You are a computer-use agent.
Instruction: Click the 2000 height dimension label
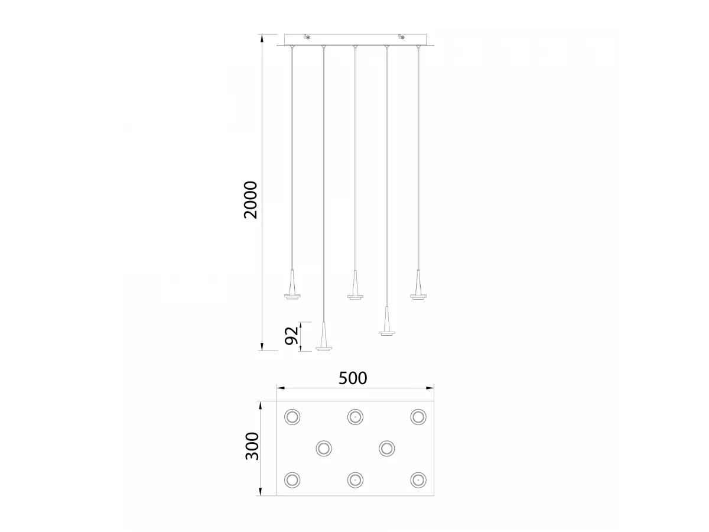pos(251,200)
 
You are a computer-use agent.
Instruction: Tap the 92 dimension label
pos(291,336)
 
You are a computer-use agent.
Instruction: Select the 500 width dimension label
pos(353,378)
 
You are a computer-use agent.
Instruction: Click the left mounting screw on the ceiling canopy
pos(307,37)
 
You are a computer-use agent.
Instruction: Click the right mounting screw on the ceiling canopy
pos(402,37)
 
